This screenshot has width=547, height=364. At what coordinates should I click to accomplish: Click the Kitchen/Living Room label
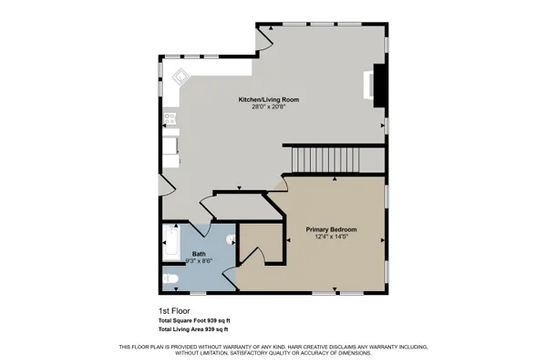(x=269, y=99)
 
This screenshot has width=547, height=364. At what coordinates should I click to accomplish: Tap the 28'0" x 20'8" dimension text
(x=269, y=107)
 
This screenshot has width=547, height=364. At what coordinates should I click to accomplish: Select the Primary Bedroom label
(x=330, y=229)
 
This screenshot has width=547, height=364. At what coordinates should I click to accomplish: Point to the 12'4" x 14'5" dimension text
(x=330, y=238)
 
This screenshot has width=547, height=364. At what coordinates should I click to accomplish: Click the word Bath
(x=198, y=254)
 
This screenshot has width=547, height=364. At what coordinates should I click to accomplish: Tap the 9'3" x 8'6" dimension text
(x=198, y=262)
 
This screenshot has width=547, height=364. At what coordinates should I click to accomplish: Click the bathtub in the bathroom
(x=170, y=243)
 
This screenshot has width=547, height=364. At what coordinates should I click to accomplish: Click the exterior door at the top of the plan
(x=264, y=35)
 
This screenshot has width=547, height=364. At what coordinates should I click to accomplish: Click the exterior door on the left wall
(x=165, y=186)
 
